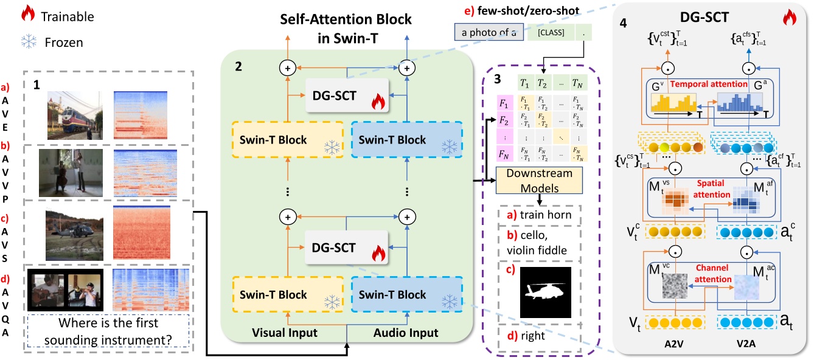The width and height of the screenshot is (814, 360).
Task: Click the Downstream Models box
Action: pyautogui.click(x=539, y=181)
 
